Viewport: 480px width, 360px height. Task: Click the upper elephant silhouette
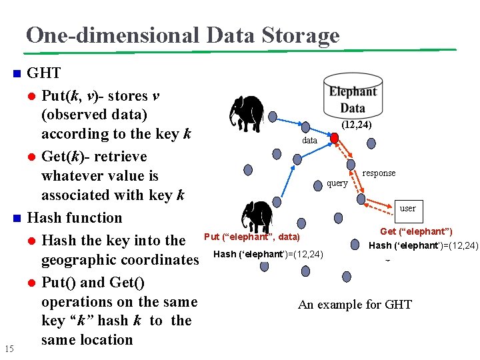(x=245, y=111)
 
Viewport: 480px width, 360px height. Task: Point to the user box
(x=407, y=209)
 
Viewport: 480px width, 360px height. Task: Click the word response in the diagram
(x=379, y=173)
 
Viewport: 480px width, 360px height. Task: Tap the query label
(x=337, y=183)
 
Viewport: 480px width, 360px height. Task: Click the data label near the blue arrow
(x=310, y=141)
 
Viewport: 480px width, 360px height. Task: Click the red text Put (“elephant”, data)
(x=252, y=237)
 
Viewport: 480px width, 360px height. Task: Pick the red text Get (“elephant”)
(x=416, y=231)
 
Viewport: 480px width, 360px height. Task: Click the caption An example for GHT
(x=355, y=305)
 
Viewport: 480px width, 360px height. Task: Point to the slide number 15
(x=9, y=348)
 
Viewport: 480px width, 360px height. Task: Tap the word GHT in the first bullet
(x=44, y=73)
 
